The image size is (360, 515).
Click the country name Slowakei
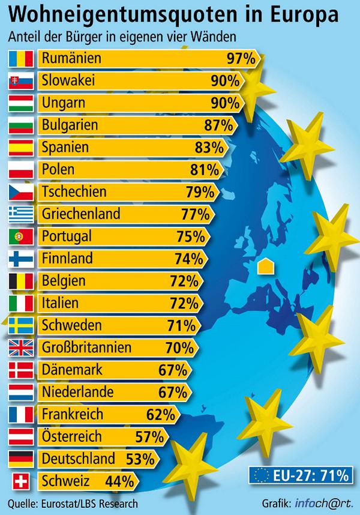click(x=69, y=81)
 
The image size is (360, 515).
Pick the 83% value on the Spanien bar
click(x=209, y=148)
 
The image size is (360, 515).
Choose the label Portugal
click(x=67, y=236)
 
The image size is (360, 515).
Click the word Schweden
click(x=72, y=325)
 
